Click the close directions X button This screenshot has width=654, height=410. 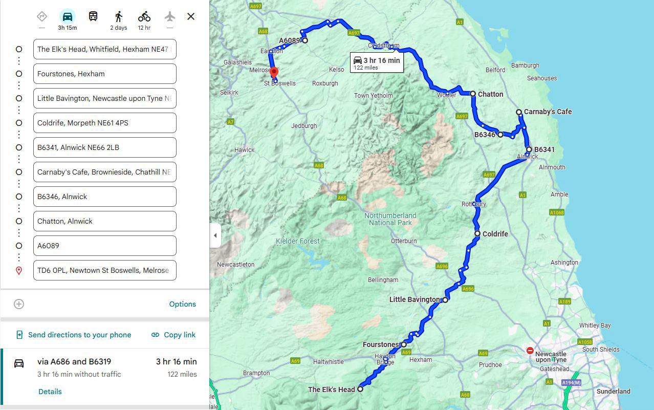click(x=191, y=16)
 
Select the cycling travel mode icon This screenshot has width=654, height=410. click(x=144, y=16)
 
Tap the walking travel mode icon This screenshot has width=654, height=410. click(x=119, y=16)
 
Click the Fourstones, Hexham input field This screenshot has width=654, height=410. click(x=104, y=74)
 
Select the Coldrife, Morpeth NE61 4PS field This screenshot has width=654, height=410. click(x=104, y=123)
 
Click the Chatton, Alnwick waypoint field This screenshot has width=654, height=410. click(x=104, y=221)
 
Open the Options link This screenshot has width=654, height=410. click(x=182, y=304)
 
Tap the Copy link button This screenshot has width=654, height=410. click(x=173, y=335)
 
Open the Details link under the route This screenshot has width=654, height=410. click(x=50, y=392)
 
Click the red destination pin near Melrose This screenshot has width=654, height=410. click(x=274, y=72)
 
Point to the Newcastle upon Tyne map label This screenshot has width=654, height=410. click(x=551, y=357)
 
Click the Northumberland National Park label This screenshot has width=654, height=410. click(x=390, y=219)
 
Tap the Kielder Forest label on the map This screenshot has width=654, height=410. click(x=297, y=241)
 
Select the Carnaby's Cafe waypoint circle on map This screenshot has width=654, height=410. click(x=519, y=112)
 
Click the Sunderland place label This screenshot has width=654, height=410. click(x=613, y=392)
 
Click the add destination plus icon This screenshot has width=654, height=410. click(x=19, y=304)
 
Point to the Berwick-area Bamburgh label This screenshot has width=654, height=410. click(x=525, y=66)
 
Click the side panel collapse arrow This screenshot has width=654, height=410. click(x=215, y=235)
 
